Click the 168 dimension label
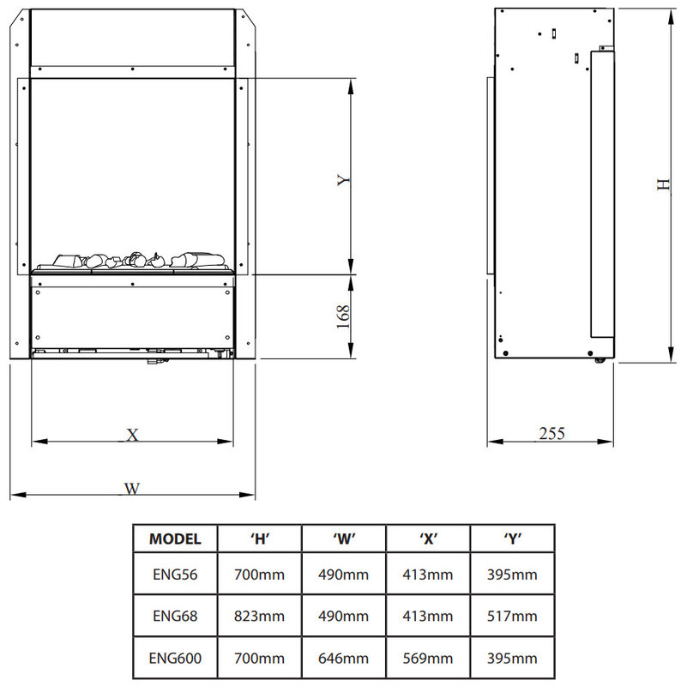tap(344, 316)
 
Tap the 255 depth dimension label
tap(551, 434)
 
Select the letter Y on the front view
tap(344, 180)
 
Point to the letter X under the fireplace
tap(132, 435)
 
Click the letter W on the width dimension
tap(132, 489)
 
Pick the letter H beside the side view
tap(664, 184)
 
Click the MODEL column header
tap(175, 539)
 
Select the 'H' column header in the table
tap(260, 539)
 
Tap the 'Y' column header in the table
tap(513, 539)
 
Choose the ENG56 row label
tap(175, 574)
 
